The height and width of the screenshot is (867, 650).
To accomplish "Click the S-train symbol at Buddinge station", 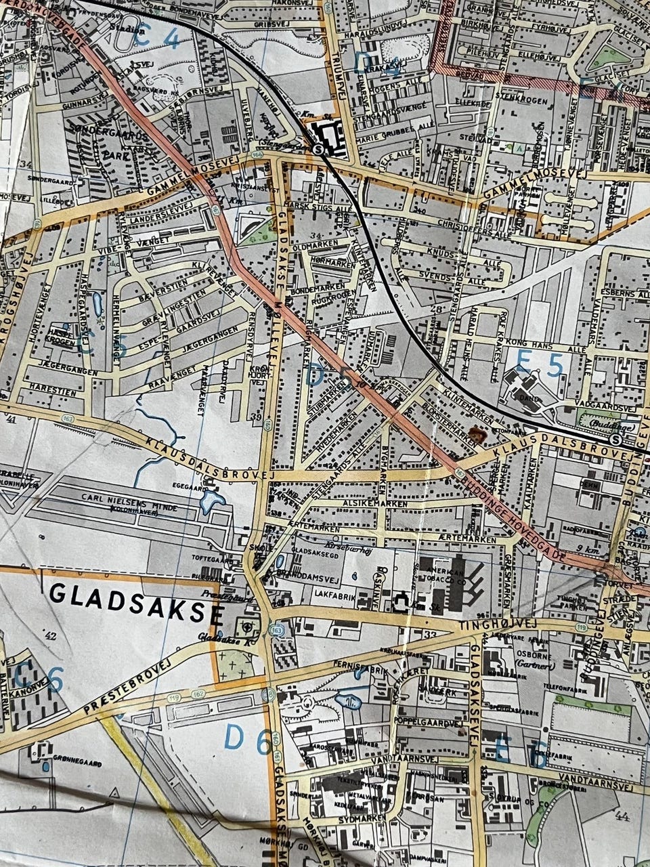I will (615, 440).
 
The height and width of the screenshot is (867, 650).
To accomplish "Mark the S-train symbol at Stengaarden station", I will (318, 150).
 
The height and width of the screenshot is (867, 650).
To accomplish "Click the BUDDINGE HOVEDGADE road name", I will (515, 515).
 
